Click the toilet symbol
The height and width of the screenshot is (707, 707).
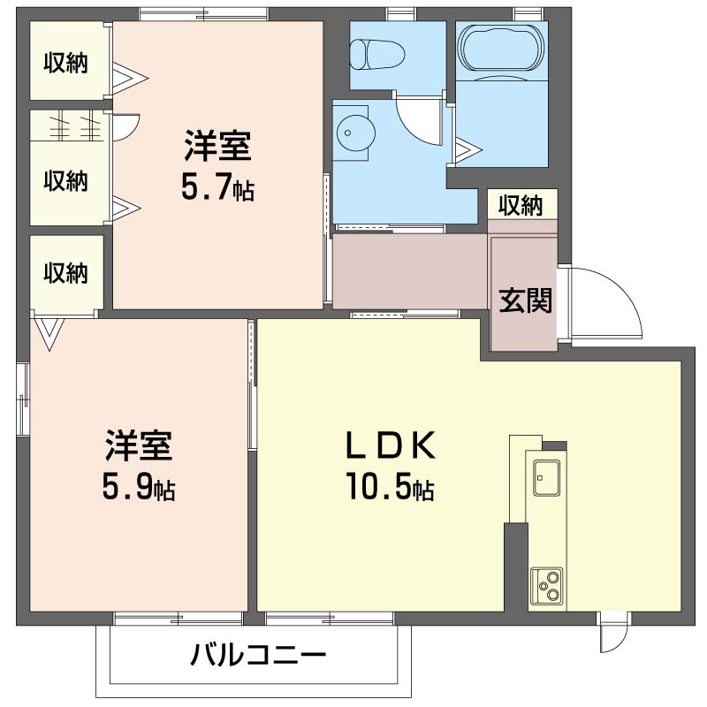pos(377,55)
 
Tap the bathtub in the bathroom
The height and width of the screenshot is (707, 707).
pos(501,48)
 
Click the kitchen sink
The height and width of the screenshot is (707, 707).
pos(546,477)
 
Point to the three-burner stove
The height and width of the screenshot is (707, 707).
pos(547,586)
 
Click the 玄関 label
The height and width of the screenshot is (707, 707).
pos(525,300)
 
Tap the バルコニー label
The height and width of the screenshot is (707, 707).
pos(257,655)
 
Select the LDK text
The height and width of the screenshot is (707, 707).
pos(390,445)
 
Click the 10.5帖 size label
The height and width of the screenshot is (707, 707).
pos(390,486)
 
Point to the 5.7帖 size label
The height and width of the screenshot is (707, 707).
pos(217,186)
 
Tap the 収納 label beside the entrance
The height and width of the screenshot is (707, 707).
pos(521,206)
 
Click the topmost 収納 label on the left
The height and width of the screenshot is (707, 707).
pos(65,63)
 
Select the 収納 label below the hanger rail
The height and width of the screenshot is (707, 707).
pos(65,181)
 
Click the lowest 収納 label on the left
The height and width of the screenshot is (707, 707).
pos(65,273)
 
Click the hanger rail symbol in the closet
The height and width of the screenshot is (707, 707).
pos(76,126)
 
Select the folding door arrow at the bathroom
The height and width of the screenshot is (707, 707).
pos(468,148)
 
